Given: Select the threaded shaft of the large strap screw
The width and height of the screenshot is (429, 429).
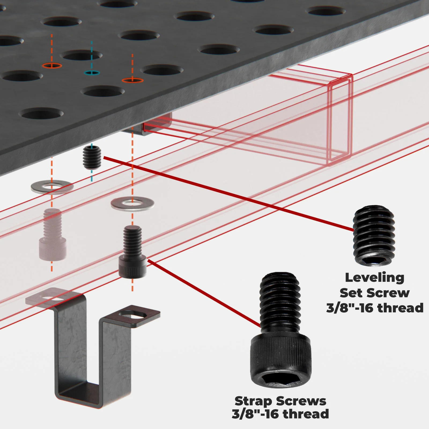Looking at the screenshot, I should pos(280,303).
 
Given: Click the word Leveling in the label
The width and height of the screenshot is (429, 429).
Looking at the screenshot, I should pos(374,278).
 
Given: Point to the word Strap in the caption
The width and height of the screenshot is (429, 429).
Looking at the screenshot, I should pos(253,401).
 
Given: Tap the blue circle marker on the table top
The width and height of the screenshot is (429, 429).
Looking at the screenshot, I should pos(92,73).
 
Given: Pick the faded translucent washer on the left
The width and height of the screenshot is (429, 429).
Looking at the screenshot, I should pos(52,187).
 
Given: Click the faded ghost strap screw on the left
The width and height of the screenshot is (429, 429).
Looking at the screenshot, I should pos(53,235).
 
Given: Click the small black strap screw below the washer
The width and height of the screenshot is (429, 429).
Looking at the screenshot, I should pos(132,252).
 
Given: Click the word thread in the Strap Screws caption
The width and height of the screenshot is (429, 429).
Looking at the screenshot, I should pos(306,414).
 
